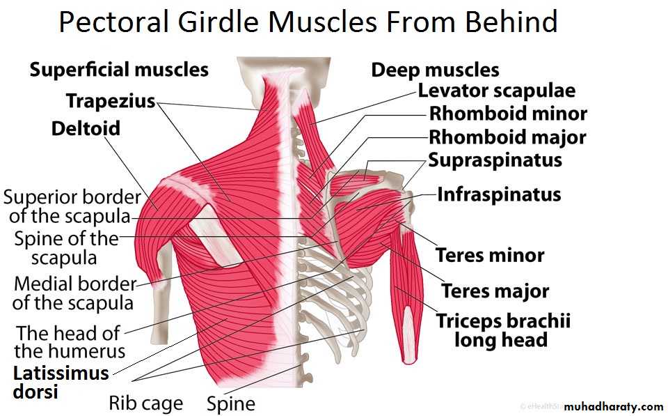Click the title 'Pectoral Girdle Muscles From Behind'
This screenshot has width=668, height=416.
click(308, 22)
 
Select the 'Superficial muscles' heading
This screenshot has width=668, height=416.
click(119, 70)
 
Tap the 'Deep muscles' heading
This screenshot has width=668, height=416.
click(435, 70)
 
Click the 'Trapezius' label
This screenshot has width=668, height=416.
click(111, 101)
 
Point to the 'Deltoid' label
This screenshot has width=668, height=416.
click(86, 128)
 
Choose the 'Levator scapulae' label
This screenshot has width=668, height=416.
click(496, 91)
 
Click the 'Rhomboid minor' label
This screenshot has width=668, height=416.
click(508, 114)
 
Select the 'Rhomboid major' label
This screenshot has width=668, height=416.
click(507, 137)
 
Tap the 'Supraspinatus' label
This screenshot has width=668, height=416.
click(495, 160)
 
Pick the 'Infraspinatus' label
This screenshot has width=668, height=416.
click(500, 194)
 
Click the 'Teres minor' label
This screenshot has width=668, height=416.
click(490, 256)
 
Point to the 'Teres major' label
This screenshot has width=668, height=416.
click(495, 291)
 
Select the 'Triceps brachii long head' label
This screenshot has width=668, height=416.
click(502, 330)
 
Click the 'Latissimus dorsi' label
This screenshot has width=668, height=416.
click(61, 383)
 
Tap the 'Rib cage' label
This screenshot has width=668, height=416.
click(146, 403)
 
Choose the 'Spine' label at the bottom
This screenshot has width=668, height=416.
click(231, 403)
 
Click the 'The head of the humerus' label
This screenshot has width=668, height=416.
click(70, 342)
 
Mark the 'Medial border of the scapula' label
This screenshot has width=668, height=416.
click(74, 293)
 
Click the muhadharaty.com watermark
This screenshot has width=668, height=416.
click(614, 407)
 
